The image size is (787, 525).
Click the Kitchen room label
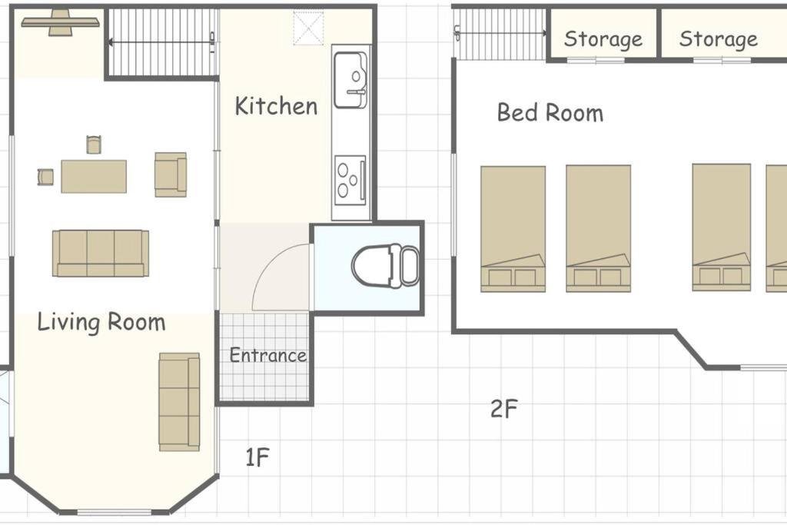coord(276,106)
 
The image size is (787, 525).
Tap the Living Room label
coord(101,322)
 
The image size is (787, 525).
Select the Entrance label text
coord(268,355)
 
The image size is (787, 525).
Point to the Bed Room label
coord(550,112)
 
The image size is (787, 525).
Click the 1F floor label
coord(257,457)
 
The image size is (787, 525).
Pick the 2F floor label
coord(504,409)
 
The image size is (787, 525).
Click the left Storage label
coord(603,38)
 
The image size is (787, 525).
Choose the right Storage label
coord(719,38)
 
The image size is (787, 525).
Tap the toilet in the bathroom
coord(386,265)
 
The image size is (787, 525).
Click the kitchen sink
coord(350,80)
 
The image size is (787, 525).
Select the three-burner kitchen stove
coord(350,180)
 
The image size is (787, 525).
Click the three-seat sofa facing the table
coord(101,253)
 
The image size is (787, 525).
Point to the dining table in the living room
coord(94,176)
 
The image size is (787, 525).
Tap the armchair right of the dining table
coord(171,174)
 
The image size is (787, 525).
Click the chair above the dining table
coord(94,145)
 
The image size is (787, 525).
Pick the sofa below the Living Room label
coord(179,401)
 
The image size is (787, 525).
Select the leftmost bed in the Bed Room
coord(513,229)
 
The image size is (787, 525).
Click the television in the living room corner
coord(60,22)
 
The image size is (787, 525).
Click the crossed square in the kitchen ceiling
coord(308,28)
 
